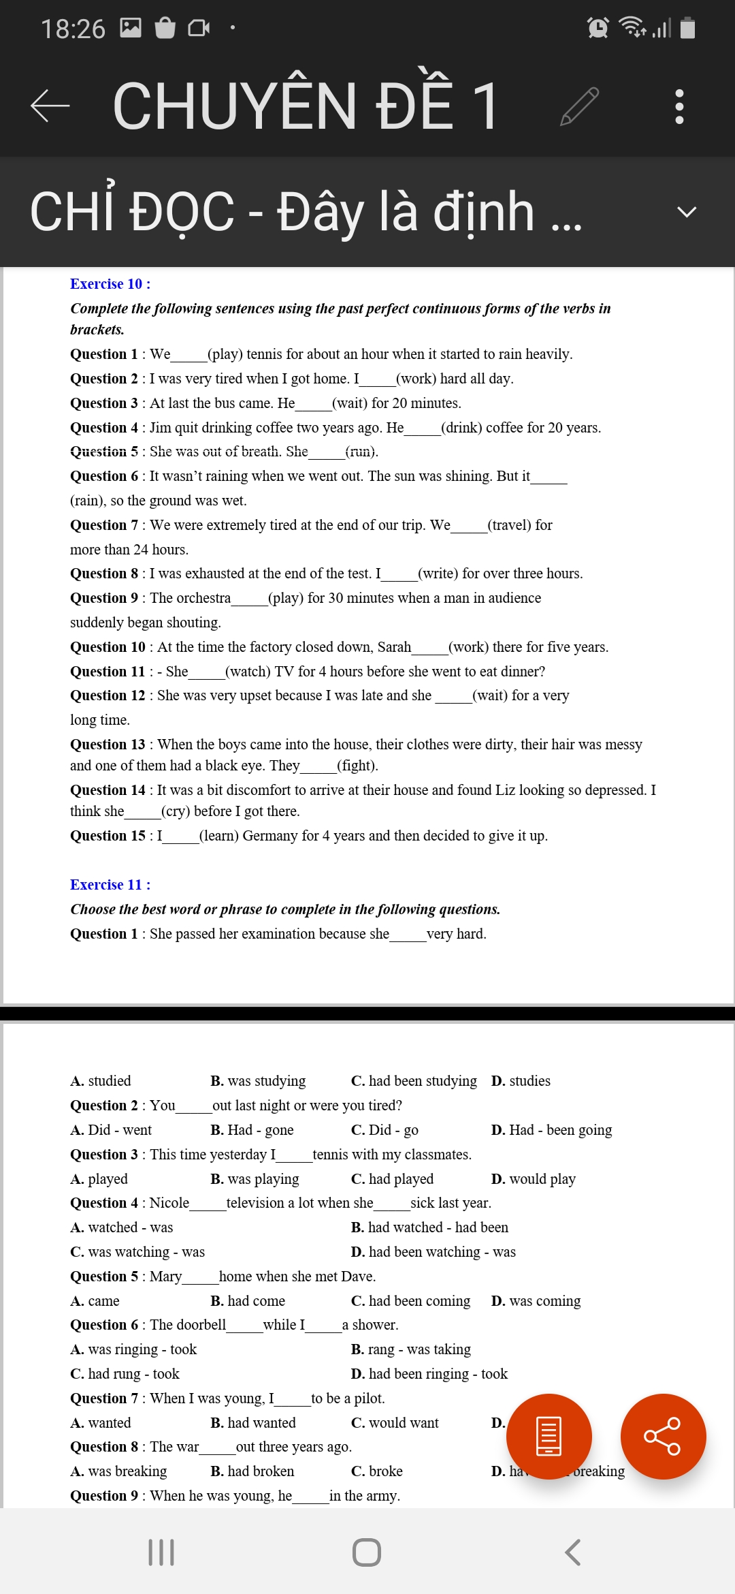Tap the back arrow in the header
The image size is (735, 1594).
coord(50,106)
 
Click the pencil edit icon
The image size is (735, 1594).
coord(579,106)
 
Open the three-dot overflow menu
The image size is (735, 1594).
coord(679,106)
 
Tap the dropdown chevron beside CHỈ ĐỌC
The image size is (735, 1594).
coord(687,212)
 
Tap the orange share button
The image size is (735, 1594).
coord(663,1436)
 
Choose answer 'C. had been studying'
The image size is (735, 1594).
coord(414,1081)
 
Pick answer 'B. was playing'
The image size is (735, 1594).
coord(255,1179)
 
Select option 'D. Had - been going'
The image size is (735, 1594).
coord(551,1130)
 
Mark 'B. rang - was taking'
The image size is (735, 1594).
coord(411,1349)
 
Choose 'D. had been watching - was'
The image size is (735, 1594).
coord(434,1252)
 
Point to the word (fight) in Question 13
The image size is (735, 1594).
coord(357,766)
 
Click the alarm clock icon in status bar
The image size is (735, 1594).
coord(598,28)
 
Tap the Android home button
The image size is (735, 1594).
coord(367,1552)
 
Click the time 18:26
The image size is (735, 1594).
coord(73,29)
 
